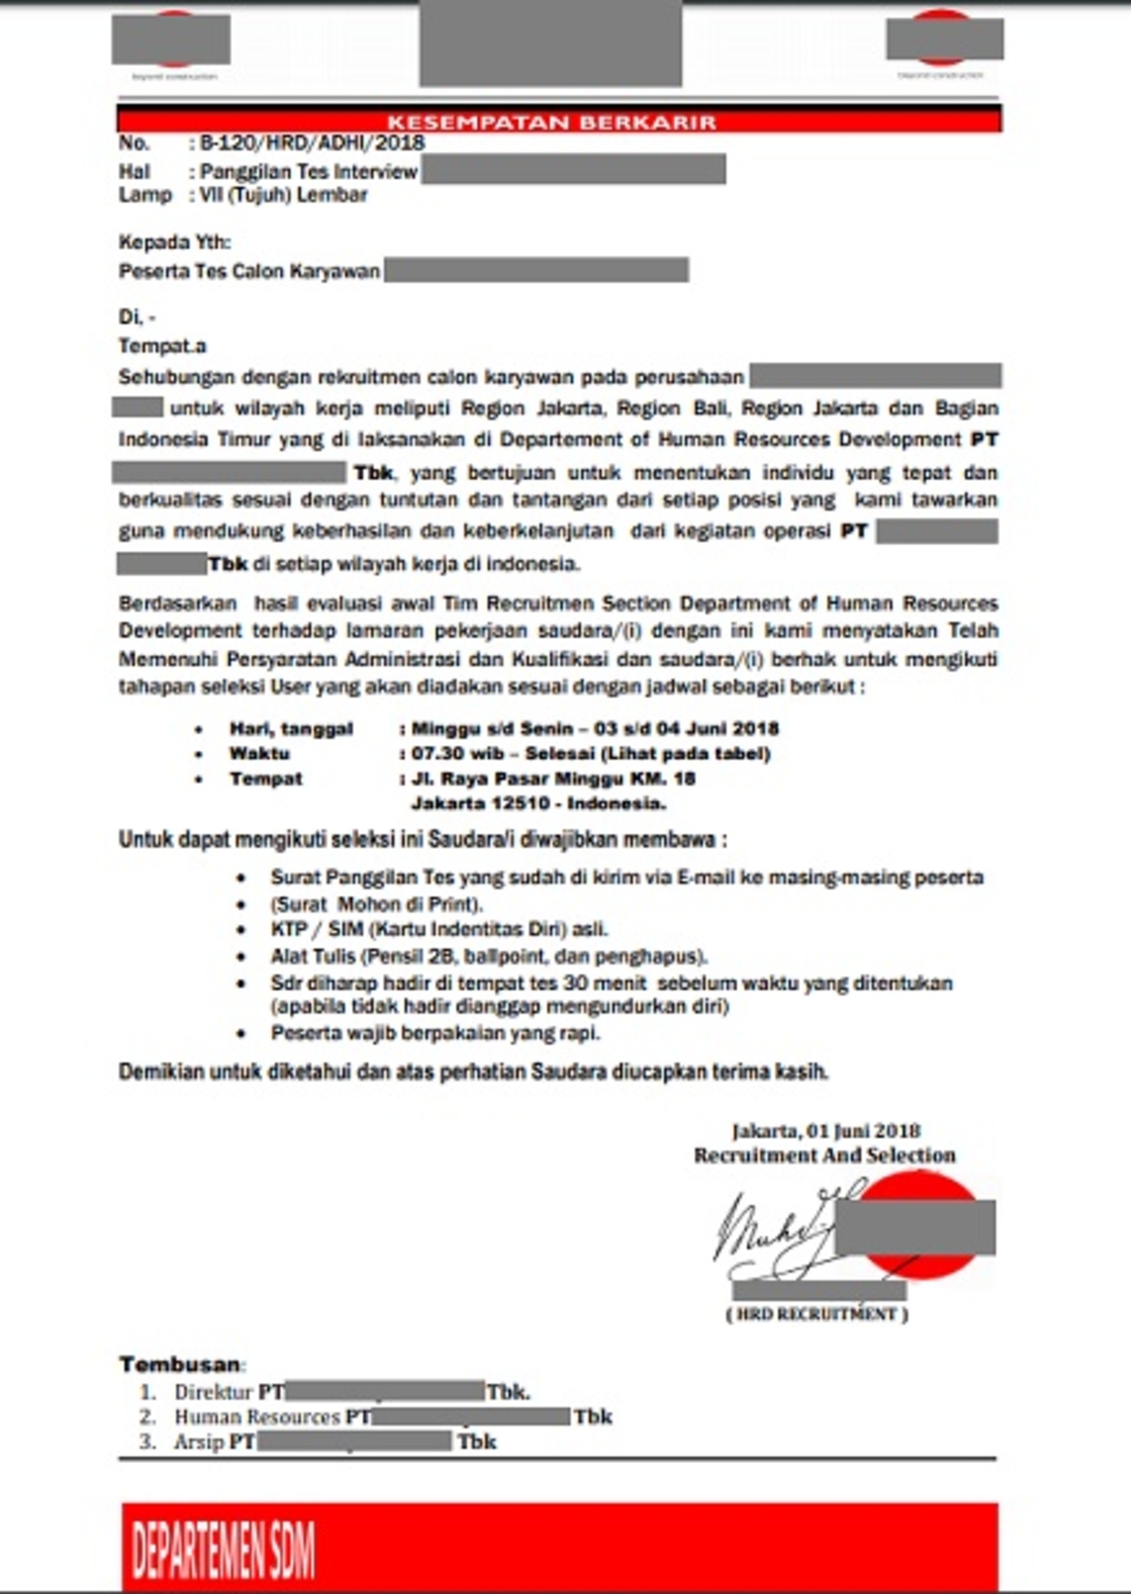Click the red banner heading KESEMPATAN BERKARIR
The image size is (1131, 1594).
[551, 122]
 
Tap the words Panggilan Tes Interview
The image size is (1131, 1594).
[309, 171]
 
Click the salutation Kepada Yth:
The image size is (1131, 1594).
[174, 242]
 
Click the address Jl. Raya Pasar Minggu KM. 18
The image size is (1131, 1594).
[553, 778]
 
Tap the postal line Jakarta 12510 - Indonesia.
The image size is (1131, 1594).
[538, 804]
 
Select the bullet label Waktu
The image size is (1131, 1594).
[259, 754]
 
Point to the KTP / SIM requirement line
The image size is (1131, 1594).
[439, 929]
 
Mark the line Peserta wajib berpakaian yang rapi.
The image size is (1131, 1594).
[435, 1033]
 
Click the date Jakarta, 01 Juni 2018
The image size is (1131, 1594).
[826, 1130]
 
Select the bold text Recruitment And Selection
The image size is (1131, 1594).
[825, 1155]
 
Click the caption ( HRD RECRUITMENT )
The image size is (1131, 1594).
[817, 1313]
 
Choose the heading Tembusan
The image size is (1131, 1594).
[180, 1364]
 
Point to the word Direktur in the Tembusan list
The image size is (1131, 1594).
[214, 1391]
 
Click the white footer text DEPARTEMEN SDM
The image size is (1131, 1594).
[223, 1550]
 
